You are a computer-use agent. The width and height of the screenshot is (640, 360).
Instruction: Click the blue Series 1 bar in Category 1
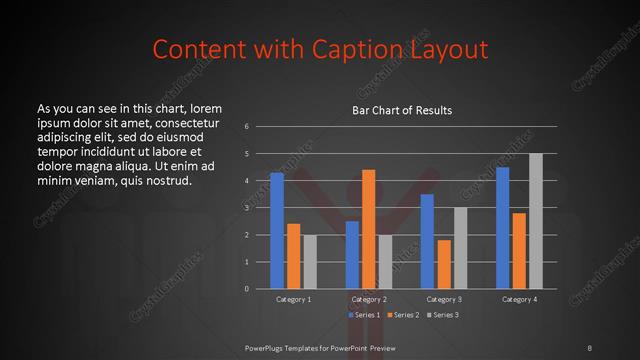pos(277,231)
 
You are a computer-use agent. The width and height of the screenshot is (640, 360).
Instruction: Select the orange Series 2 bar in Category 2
pos(368,229)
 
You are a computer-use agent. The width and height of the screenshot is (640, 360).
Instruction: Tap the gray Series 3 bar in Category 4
pos(535,221)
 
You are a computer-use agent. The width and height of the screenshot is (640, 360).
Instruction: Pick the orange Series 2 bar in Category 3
pos(444,265)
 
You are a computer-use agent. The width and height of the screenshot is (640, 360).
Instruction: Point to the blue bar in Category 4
pos(502,228)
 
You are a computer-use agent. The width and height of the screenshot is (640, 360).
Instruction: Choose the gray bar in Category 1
pos(310,262)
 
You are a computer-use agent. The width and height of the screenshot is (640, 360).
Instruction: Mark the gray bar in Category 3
pos(460,248)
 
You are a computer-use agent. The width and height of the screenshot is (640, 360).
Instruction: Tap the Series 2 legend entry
pos(403,315)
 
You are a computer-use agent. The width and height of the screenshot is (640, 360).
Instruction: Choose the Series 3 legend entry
pos(442,315)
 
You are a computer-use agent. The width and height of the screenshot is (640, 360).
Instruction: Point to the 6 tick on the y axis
pos(247,127)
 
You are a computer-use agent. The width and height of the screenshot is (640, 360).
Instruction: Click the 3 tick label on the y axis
pos(247,208)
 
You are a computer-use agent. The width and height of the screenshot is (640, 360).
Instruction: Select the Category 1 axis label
pos(294,299)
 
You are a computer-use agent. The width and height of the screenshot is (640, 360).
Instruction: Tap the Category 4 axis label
pos(519,299)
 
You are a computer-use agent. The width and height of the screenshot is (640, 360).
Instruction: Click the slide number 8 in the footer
pos(590,347)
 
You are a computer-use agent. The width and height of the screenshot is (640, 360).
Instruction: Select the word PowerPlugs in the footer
pos(267,347)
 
